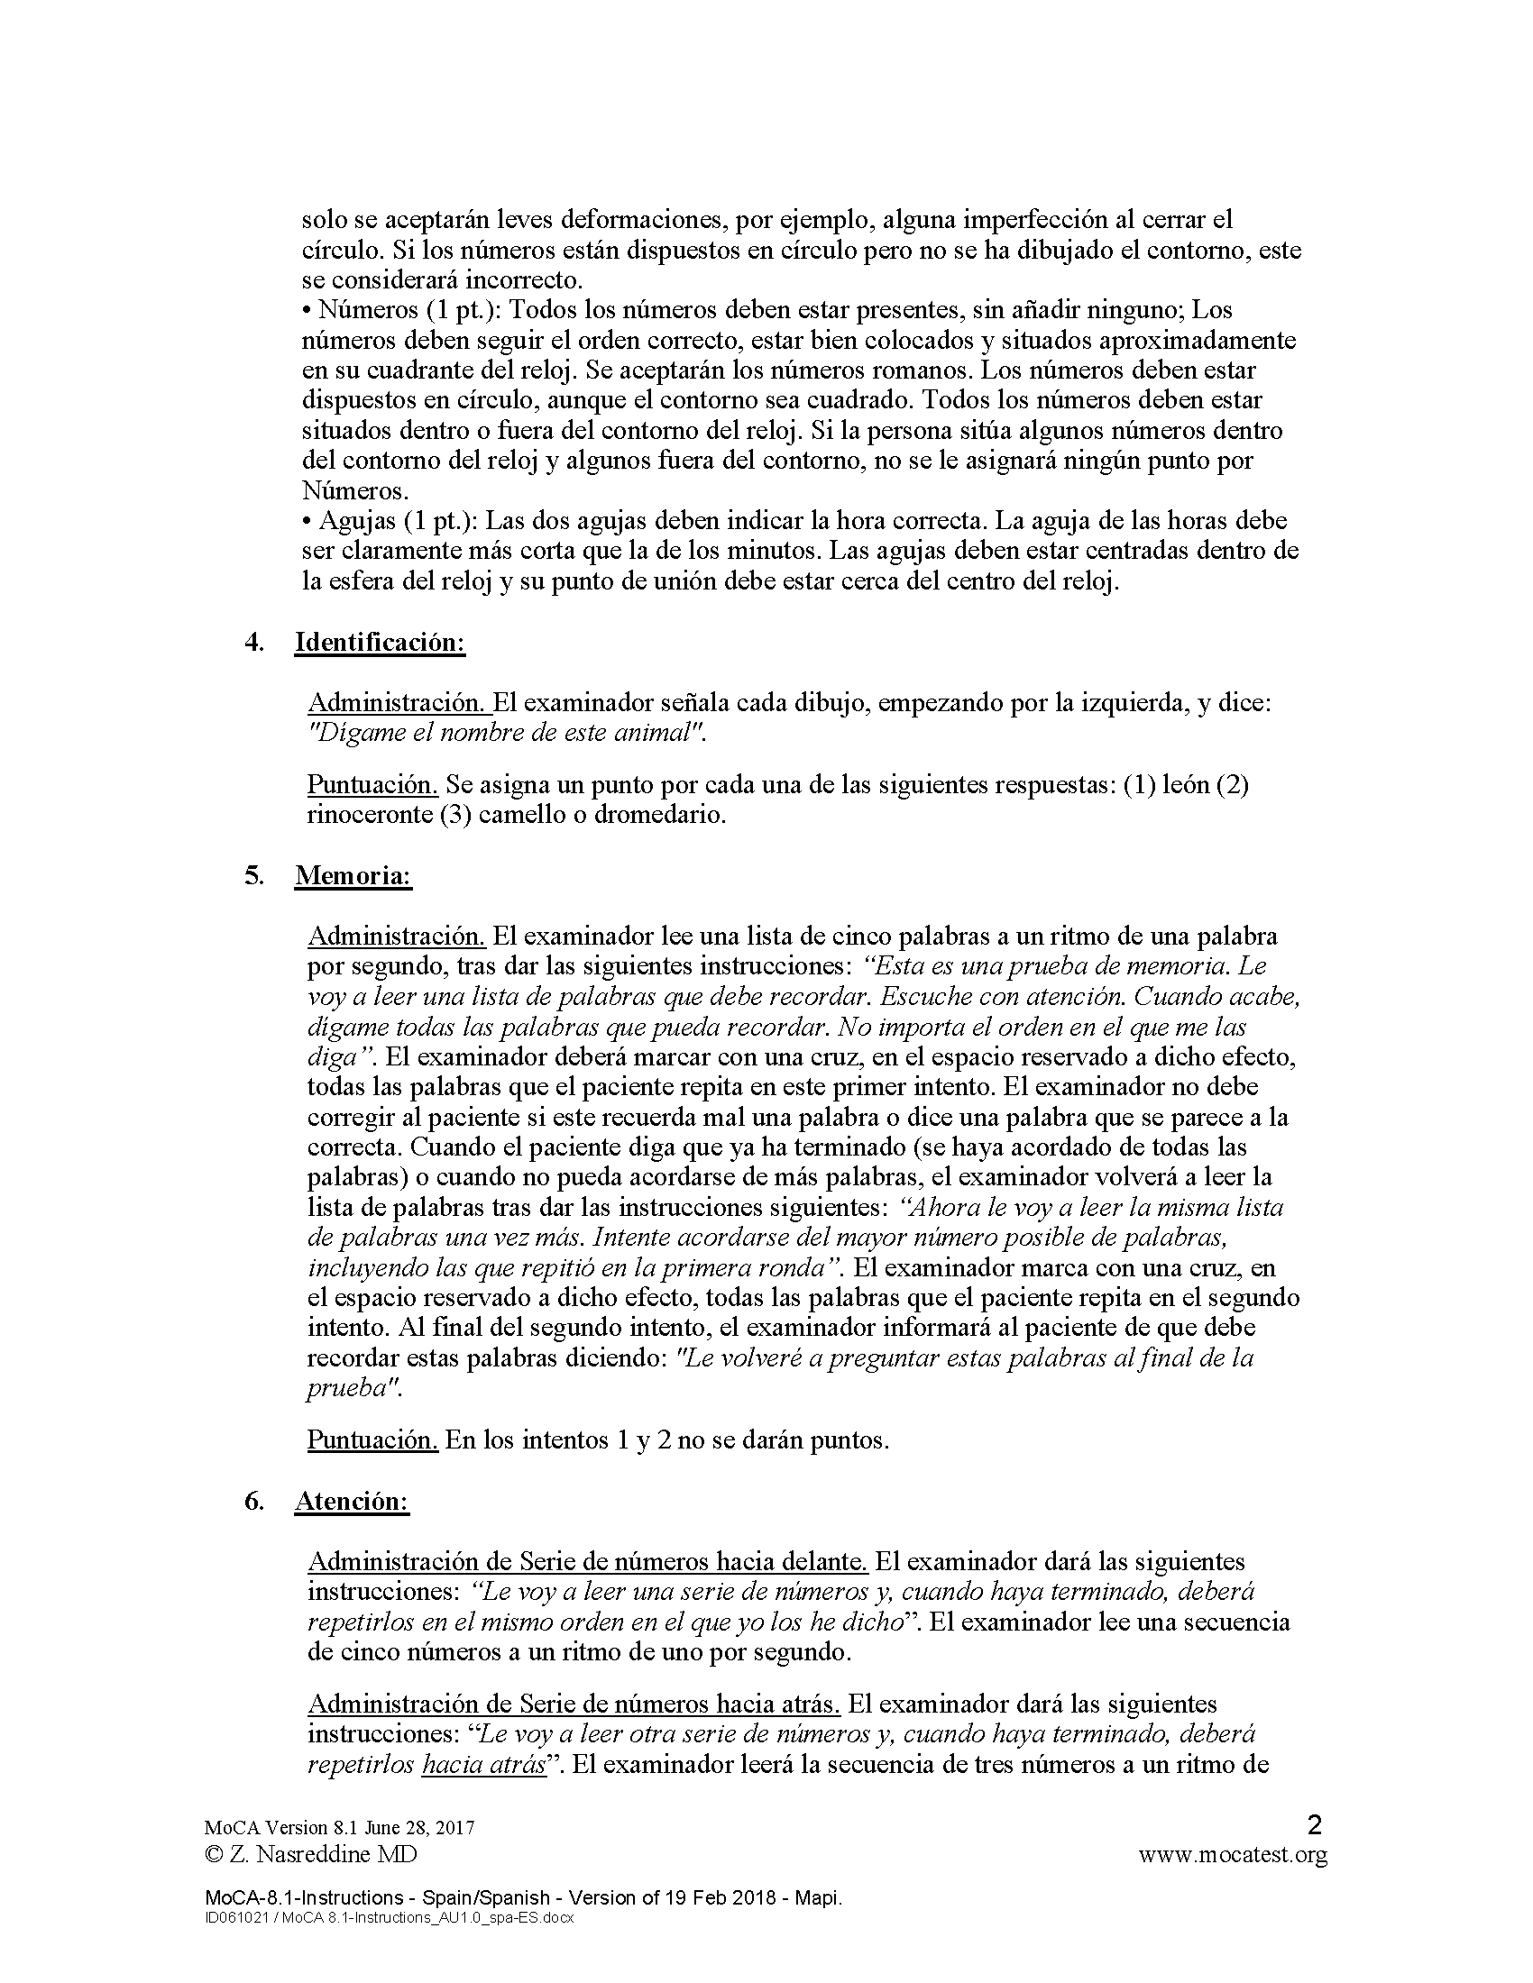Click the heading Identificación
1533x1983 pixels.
[379, 642]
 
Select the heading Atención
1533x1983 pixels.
[352, 1501]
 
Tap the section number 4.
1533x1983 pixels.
[254, 642]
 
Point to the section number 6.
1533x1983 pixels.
[254, 1501]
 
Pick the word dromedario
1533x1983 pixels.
[657, 815]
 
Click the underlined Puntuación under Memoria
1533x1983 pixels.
[372, 1440]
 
